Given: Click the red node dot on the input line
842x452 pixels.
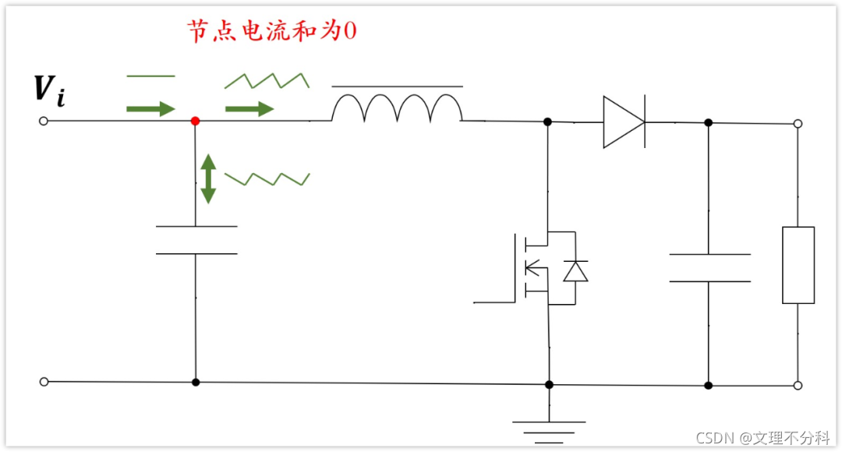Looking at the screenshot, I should [x=195, y=121].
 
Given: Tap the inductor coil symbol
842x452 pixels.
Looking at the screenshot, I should [x=397, y=109].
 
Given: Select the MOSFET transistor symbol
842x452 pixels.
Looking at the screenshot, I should [x=530, y=267].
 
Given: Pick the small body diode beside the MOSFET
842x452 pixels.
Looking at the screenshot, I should [x=575, y=270].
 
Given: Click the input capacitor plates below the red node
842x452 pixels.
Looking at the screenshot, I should [x=196, y=240].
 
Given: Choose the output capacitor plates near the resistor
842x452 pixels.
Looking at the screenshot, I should [x=709, y=267].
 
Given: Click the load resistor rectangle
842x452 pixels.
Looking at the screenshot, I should [x=798, y=265].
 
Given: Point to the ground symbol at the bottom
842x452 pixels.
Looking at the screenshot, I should [x=549, y=428].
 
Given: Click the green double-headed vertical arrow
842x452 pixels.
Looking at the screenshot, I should [x=208, y=178].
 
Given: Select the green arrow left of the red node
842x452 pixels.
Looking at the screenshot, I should [x=150, y=108].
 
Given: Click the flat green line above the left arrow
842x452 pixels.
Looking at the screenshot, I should [x=150, y=76].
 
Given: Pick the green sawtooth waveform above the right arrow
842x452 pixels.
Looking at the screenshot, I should [x=267, y=79].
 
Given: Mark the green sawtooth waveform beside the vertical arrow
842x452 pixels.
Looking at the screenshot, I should [x=267, y=178].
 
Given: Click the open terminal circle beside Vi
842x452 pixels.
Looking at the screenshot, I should [x=44, y=121].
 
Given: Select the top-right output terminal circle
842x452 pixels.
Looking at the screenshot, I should [x=798, y=123].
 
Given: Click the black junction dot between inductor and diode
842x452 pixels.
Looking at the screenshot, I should [x=547, y=122].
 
